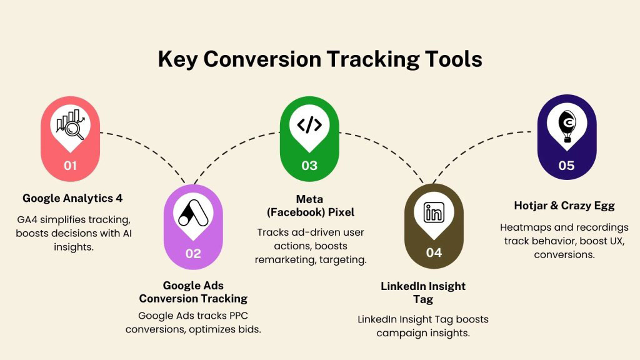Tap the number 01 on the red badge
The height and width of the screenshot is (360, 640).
(x=69, y=166)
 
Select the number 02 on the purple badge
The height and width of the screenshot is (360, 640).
(x=193, y=253)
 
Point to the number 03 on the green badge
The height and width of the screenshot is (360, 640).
(x=309, y=166)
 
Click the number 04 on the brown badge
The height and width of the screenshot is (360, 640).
(x=434, y=252)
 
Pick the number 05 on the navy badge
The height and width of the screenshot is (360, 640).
(x=566, y=166)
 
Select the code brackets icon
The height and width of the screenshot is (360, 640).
(x=309, y=124)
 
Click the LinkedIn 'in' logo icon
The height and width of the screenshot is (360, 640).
(x=434, y=212)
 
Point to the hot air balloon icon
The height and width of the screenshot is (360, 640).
(x=566, y=124)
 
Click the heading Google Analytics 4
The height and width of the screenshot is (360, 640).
(x=72, y=198)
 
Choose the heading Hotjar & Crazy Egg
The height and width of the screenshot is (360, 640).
(x=564, y=205)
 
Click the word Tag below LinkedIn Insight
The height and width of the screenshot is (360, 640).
(x=423, y=299)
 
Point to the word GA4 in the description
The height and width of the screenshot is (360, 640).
(x=29, y=219)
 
